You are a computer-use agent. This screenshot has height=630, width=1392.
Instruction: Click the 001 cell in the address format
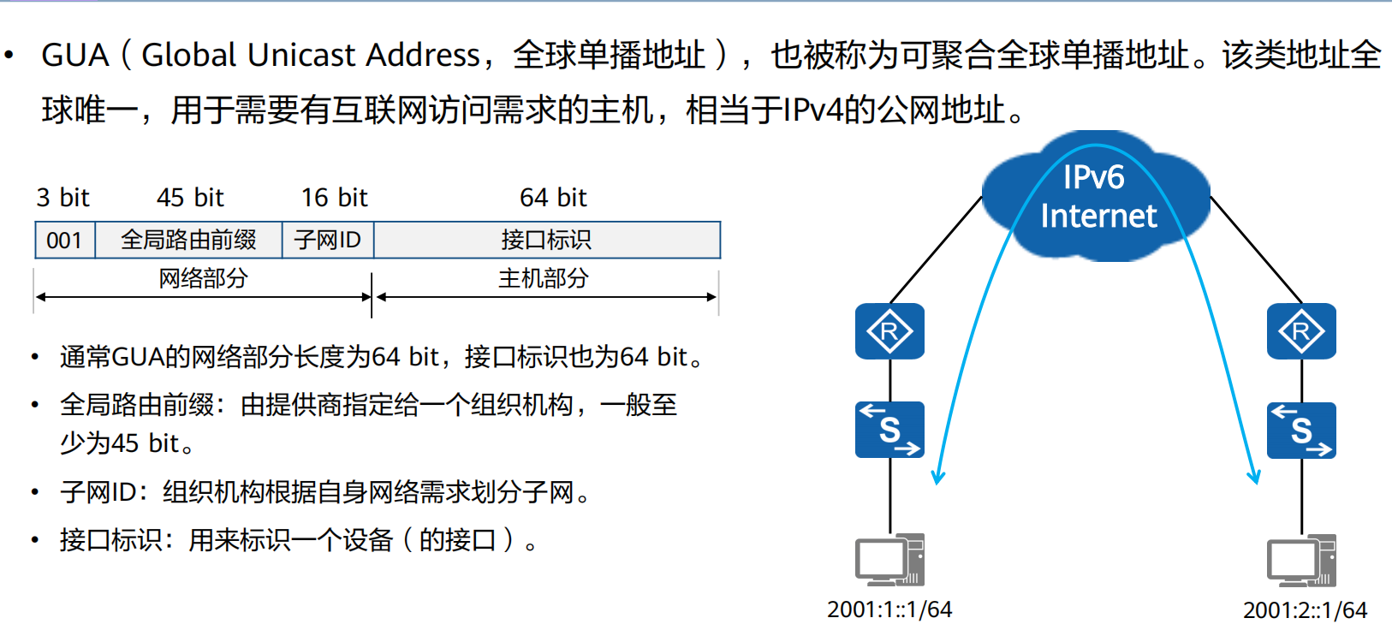(x=64, y=241)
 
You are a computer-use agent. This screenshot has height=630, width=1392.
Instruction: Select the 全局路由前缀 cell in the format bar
(x=188, y=241)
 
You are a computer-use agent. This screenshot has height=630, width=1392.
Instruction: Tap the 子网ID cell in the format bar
(x=328, y=241)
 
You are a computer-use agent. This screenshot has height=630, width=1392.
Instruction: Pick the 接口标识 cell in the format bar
(x=546, y=241)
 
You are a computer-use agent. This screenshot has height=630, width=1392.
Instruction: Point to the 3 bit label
(x=62, y=198)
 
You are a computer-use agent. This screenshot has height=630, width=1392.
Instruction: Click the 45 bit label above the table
(x=190, y=198)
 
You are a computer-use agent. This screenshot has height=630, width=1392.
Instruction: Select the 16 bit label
(x=334, y=198)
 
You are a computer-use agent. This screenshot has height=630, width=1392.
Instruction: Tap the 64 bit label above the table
(x=553, y=198)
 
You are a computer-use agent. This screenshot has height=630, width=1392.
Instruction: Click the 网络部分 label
(x=203, y=278)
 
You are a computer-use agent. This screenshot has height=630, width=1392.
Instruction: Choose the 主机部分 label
(x=544, y=278)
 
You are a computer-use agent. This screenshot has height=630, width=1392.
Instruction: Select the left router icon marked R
(x=889, y=331)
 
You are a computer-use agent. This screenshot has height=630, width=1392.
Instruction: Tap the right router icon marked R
(x=1301, y=331)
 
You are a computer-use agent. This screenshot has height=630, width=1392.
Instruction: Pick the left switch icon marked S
(x=889, y=430)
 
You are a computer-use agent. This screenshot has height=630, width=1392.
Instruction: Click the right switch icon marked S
(x=1301, y=430)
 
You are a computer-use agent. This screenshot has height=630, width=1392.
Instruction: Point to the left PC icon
(x=889, y=560)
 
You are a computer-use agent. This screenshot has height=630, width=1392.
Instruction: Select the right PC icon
(x=1301, y=560)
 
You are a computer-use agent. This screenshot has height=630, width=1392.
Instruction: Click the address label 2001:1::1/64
(x=889, y=609)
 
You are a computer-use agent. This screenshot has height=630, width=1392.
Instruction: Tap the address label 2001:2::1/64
(x=1305, y=610)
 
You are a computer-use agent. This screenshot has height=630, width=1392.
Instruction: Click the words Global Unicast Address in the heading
(x=310, y=56)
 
